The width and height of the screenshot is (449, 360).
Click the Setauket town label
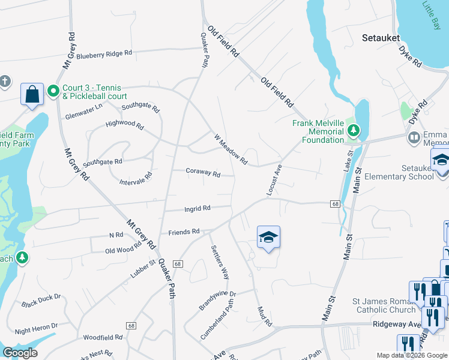[x=381, y=37]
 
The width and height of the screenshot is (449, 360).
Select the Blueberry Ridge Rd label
[x=104, y=54]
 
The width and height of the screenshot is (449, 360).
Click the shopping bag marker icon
[x=32, y=94]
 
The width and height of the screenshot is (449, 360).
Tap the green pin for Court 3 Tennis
[x=53, y=91]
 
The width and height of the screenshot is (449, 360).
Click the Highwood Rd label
[x=125, y=126]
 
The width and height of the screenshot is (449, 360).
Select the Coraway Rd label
[x=202, y=172]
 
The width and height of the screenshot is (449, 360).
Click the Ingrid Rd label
[x=197, y=209]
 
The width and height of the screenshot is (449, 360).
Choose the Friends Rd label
[x=184, y=232]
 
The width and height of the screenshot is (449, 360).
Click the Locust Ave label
[x=274, y=179]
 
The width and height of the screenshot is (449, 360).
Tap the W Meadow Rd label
[x=231, y=148]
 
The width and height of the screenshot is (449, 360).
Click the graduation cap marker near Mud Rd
[x=268, y=237]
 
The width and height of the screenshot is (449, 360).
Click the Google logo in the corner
[x=20, y=353]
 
